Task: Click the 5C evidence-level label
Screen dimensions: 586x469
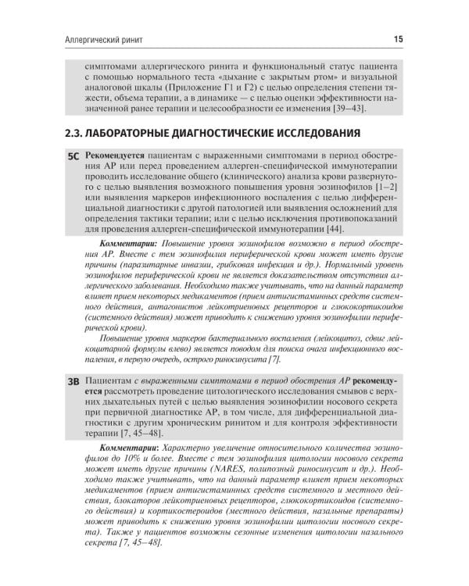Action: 74,156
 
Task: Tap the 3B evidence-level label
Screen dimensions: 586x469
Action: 74,382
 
